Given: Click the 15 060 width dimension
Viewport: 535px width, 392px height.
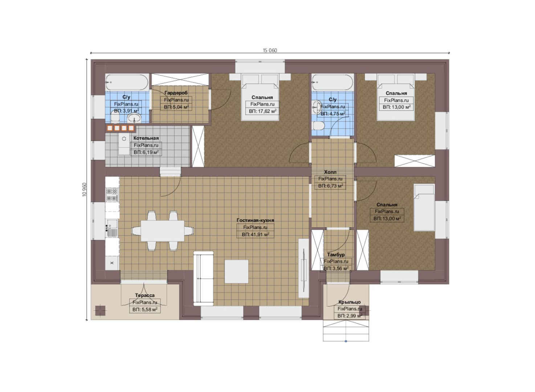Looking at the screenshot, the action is [x=270, y=50].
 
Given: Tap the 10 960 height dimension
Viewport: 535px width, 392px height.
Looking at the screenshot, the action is [x=85, y=189].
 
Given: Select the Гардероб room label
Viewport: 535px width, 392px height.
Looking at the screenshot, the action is [x=176, y=93].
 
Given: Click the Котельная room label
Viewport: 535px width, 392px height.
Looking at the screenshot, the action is [x=146, y=138].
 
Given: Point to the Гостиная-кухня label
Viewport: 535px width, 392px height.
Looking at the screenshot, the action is [x=255, y=220].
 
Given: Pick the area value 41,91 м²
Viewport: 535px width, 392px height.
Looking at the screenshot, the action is [x=256, y=234].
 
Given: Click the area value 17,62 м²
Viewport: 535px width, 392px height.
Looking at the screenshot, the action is [x=262, y=111].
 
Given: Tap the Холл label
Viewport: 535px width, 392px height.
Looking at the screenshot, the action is [x=330, y=172].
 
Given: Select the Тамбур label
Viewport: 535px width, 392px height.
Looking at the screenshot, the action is [x=336, y=255].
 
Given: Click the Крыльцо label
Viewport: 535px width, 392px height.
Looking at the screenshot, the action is [x=350, y=302].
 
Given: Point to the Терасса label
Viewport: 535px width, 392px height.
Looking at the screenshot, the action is [x=145, y=295].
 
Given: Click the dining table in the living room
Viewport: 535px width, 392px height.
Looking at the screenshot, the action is [x=162, y=231].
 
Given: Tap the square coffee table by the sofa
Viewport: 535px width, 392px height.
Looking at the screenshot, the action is [x=236, y=271].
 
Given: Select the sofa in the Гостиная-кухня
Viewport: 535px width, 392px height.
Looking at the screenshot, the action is [x=203, y=278].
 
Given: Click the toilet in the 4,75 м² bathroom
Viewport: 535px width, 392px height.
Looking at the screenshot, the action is [x=318, y=126].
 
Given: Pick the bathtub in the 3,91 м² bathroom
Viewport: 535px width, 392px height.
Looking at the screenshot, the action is [x=127, y=82].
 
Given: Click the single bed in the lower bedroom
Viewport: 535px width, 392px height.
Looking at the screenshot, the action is [x=424, y=208].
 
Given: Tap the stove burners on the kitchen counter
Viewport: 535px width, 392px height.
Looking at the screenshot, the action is [x=112, y=195].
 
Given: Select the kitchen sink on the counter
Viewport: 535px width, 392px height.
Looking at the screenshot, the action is [x=112, y=229].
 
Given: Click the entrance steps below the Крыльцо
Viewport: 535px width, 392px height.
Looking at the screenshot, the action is [x=346, y=331].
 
